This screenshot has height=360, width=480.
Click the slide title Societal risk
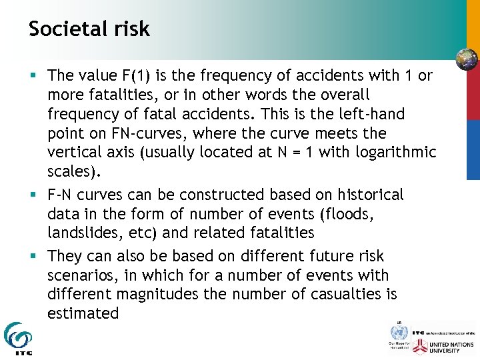89,29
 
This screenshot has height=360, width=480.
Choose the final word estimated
83,313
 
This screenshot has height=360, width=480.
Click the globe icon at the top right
467,59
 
